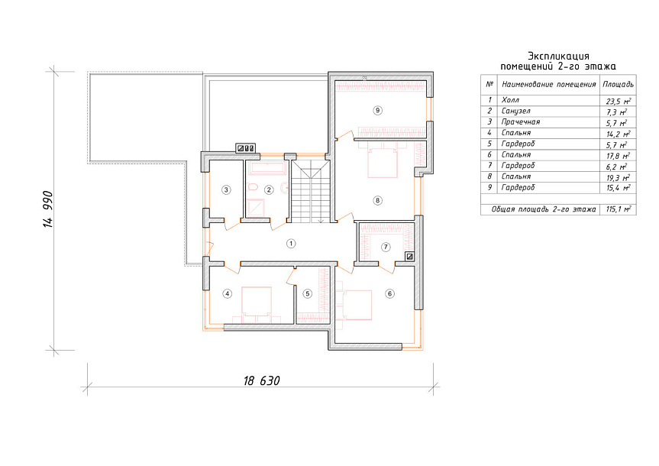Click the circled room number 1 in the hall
(x=290, y=243)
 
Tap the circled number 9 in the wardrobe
(x=377, y=110)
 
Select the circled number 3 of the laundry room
(x=227, y=189)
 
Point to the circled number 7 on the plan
(x=386, y=247)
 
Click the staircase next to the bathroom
(x=311, y=190)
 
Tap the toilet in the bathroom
(x=253, y=187)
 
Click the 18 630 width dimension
(x=261, y=380)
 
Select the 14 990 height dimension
(x=48, y=209)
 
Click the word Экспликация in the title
(x=558, y=56)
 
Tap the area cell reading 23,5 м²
(x=618, y=101)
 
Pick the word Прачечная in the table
(x=520, y=122)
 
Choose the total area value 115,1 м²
(x=618, y=209)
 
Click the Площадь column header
(x=618, y=84)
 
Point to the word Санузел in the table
(x=515, y=111)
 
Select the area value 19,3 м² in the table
(x=618, y=177)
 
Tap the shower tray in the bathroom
(x=256, y=207)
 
